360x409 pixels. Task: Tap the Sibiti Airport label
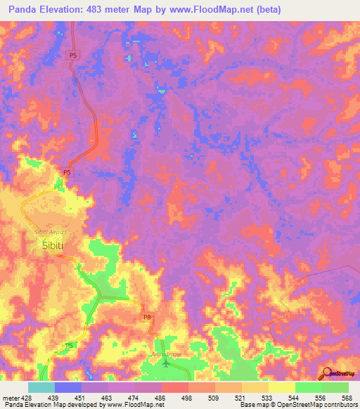click(x=49, y=231)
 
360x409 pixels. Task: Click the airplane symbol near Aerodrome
click(x=166, y=363)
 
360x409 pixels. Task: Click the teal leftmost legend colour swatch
click(x=41, y=387)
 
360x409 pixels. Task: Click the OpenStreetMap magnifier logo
click(x=327, y=372)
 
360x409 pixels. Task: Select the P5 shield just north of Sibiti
click(x=67, y=172)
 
